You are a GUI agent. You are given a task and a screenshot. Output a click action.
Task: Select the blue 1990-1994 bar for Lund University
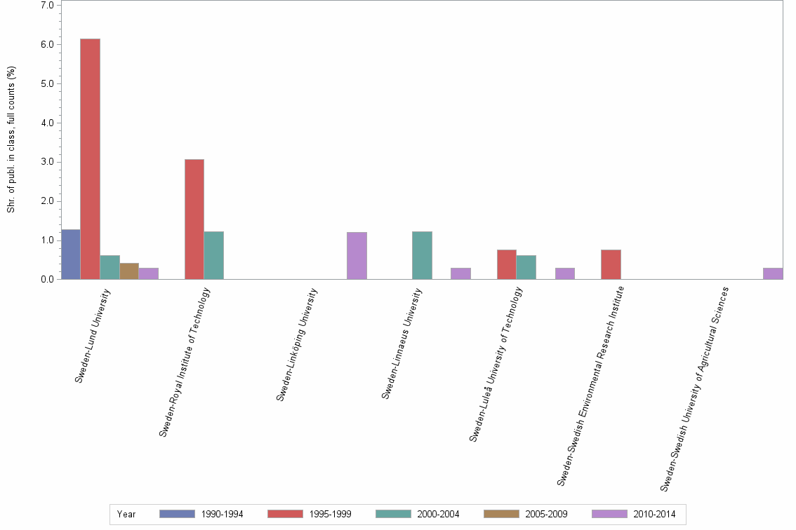(x=71, y=254)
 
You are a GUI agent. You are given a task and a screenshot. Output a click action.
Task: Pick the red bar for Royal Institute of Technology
(x=194, y=219)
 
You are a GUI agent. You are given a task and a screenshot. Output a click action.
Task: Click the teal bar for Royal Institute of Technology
(x=214, y=255)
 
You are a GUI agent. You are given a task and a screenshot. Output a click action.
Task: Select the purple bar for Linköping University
(x=357, y=256)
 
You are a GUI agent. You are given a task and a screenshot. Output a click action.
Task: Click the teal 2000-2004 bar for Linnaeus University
(x=422, y=255)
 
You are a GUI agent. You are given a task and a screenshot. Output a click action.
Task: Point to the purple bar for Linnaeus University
(x=460, y=273)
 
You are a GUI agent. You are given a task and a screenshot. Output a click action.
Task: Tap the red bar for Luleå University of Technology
(x=507, y=264)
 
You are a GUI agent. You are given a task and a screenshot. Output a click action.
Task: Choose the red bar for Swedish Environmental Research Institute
(x=611, y=264)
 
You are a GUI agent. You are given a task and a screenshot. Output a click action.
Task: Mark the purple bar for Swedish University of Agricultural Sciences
(x=773, y=273)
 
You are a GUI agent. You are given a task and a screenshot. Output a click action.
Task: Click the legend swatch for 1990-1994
(x=177, y=514)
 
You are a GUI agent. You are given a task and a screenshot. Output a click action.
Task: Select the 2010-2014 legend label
(x=654, y=514)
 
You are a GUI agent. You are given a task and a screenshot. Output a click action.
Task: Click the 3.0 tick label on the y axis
(x=47, y=162)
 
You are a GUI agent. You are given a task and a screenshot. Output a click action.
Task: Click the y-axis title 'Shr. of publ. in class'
(x=11, y=140)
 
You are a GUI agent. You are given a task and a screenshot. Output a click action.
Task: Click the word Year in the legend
(x=126, y=514)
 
